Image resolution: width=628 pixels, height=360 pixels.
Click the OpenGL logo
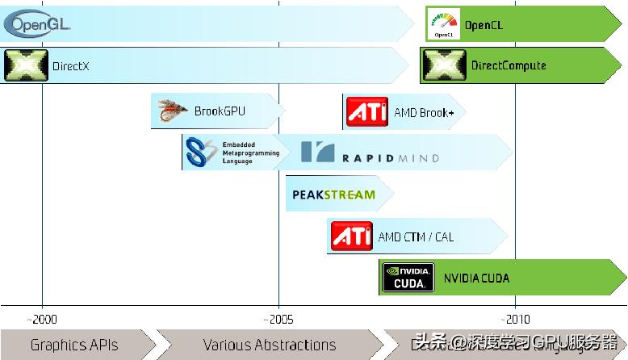point(37,24)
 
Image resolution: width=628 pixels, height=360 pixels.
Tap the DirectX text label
point(70,65)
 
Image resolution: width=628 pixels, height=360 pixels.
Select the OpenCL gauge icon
point(443,24)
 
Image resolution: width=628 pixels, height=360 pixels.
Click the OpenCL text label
point(484,25)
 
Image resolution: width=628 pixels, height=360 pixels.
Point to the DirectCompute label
point(509,65)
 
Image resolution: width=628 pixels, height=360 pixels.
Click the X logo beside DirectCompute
point(444,65)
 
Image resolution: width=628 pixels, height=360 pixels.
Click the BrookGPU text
point(220,111)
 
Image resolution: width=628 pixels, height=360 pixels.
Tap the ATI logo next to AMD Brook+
point(366,112)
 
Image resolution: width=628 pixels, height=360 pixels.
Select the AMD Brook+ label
point(424,113)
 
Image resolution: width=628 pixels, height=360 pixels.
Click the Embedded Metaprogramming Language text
point(251,153)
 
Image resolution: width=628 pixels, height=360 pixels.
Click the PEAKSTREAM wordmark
point(333,195)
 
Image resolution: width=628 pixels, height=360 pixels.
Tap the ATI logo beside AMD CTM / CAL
point(351,237)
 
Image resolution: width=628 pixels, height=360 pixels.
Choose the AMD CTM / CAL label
point(416,237)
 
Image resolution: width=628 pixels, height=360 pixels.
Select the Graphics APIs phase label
point(74,345)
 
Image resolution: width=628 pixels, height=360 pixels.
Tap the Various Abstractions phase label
point(270,345)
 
